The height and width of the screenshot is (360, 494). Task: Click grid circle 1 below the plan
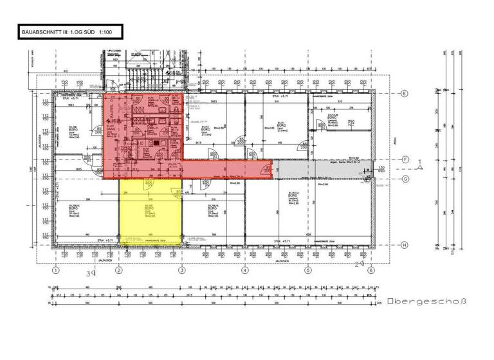tap(57, 271)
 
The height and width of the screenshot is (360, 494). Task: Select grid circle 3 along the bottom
tap(182, 271)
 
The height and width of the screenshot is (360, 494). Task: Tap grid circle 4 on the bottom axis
tap(244, 271)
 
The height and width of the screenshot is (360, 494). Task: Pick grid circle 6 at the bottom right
tap(370, 271)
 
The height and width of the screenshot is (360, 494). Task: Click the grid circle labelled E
tap(406, 93)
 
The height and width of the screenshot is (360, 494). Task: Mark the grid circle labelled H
tap(406, 244)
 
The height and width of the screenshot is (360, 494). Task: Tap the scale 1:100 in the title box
tap(107, 31)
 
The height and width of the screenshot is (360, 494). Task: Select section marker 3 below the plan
tap(91, 273)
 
